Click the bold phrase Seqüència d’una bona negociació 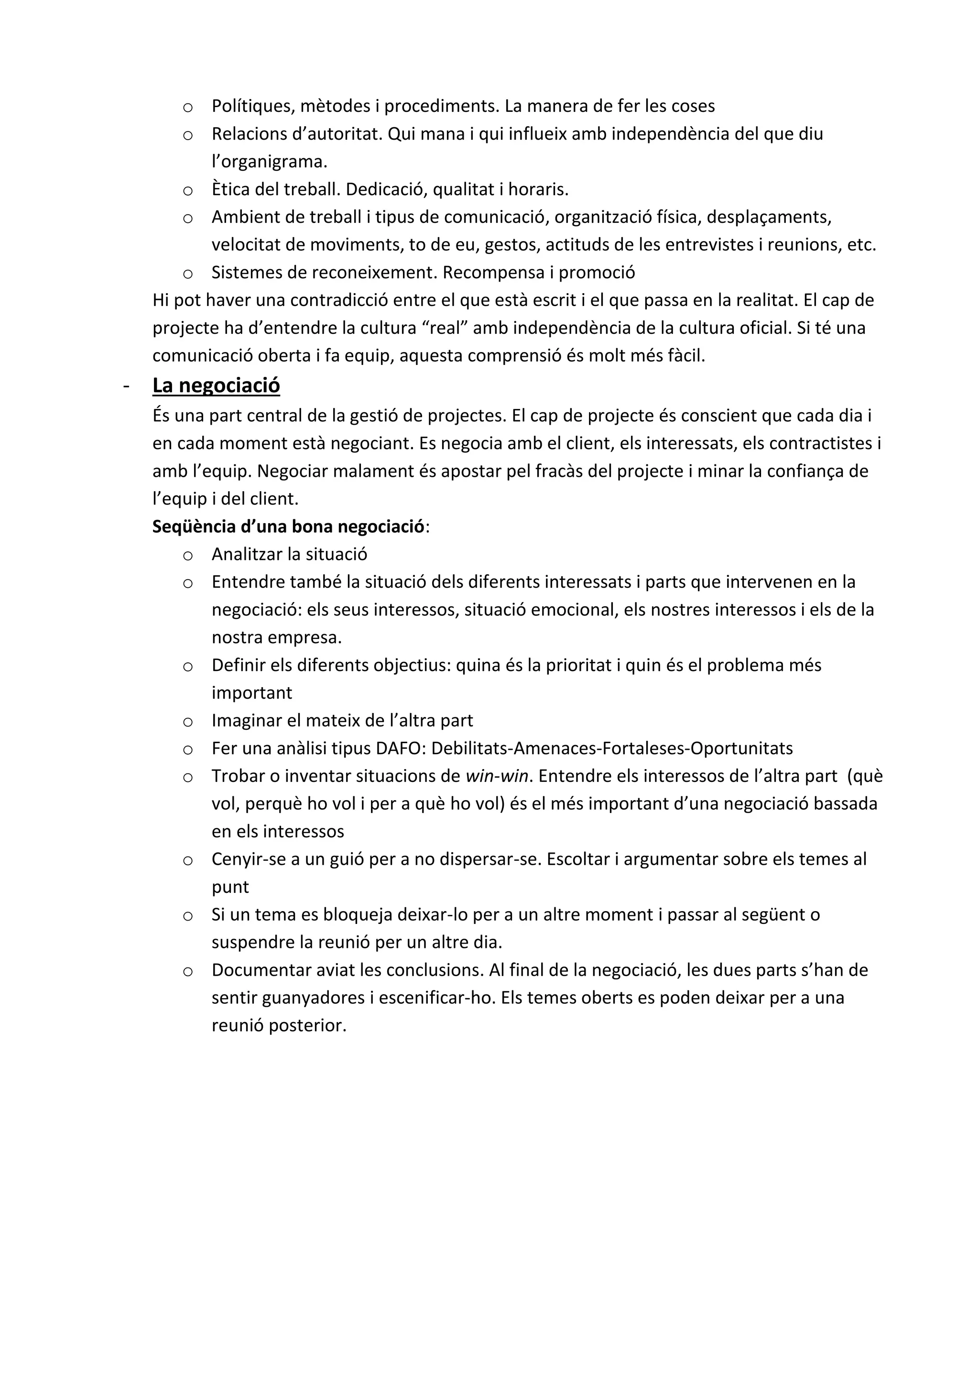tap(288, 527)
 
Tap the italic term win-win tap(497, 776)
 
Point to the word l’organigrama tap(269, 162)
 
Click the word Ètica tap(230, 189)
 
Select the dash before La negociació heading tap(126, 386)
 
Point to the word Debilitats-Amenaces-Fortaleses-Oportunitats tap(612, 748)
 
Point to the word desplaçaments tap(769, 217)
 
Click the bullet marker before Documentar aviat tap(187, 972)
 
